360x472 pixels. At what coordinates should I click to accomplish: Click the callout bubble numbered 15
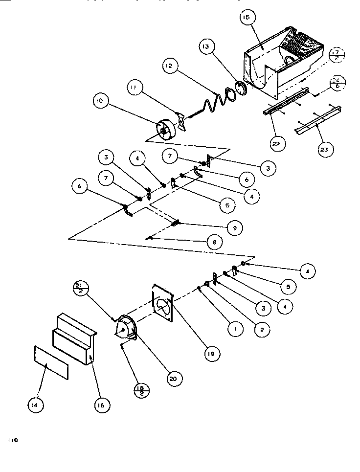(246, 18)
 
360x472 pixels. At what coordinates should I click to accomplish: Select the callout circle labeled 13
(206, 47)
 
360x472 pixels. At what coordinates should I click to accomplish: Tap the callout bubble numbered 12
(170, 65)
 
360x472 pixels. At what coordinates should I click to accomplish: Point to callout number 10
(99, 101)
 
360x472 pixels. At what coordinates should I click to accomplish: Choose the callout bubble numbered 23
(323, 150)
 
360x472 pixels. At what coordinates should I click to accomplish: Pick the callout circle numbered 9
(235, 228)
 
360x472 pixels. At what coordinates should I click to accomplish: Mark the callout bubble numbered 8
(214, 242)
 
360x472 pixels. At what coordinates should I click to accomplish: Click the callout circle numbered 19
(212, 354)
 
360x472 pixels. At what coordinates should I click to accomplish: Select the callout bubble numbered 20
(174, 378)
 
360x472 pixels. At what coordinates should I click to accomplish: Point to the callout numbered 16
(103, 405)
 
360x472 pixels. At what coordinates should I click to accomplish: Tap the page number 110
(12, 440)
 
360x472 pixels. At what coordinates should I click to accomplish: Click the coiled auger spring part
(215, 100)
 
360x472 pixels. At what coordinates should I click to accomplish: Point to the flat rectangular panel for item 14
(51, 363)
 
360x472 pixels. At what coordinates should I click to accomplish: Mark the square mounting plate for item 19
(164, 303)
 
